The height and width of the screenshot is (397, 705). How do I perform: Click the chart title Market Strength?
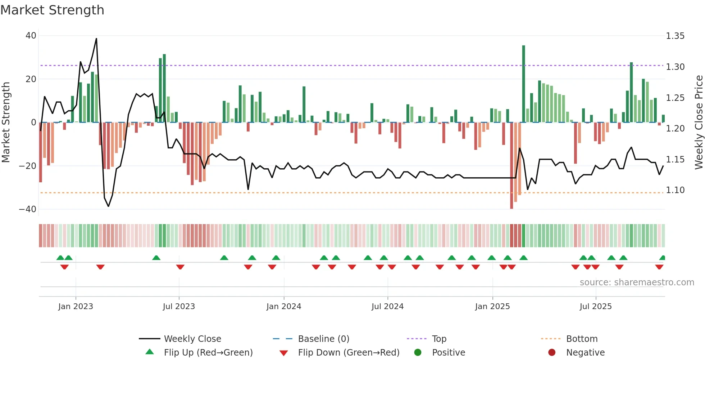pos(52,10)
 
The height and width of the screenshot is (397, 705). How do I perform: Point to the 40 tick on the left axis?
pos(31,36)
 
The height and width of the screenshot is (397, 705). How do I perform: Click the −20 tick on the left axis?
pos(28,166)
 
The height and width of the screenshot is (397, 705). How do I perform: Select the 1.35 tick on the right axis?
pos(675,36)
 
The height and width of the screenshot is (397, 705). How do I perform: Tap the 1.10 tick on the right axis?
pos(675,190)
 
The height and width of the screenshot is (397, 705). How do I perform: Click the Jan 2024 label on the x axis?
pos(284,307)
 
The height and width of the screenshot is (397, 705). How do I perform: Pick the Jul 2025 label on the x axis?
pos(596,307)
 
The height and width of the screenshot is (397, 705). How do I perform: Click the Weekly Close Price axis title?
pos(699,122)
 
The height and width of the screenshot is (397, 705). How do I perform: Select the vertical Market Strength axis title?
pos(6,122)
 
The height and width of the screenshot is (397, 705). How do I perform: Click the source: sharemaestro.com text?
pos(637,282)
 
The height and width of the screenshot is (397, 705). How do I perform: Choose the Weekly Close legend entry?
pos(192,339)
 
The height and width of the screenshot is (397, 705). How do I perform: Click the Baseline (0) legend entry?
pos(323,339)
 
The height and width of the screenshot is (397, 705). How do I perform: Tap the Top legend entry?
pos(439,339)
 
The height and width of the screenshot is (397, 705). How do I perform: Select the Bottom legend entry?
pos(582,339)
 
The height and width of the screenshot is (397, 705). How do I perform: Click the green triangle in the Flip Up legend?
pos(150,352)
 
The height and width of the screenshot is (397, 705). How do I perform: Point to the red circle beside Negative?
pos(552,352)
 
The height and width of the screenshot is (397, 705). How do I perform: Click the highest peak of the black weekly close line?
pos(96,39)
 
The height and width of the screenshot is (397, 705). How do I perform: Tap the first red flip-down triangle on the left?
pos(64,267)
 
